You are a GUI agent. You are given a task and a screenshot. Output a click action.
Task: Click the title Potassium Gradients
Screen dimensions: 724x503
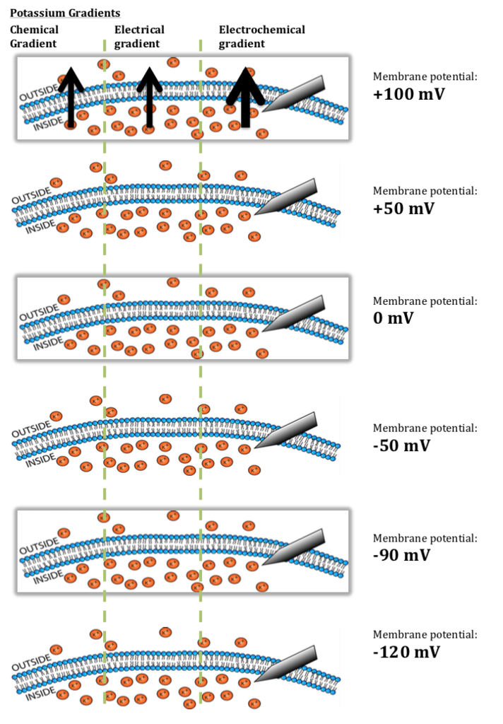[x=64, y=13]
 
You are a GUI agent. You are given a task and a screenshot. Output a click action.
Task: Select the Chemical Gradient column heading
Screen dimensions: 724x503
[x=34, y=36]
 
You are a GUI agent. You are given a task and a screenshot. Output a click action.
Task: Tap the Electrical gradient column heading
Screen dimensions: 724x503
[x=139, y=36]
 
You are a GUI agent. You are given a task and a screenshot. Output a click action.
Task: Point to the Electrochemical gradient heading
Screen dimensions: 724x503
[x=261, y=36]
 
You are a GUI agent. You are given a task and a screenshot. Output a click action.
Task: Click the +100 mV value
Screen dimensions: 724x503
[x=410, y=94]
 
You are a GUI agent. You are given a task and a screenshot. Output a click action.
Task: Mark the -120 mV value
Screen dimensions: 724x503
[x=406, y=651]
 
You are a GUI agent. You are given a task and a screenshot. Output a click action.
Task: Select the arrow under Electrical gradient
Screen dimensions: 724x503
[x=148, y=97]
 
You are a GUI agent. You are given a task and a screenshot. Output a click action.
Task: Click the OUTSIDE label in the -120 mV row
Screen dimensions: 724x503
[x=32, y=664]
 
